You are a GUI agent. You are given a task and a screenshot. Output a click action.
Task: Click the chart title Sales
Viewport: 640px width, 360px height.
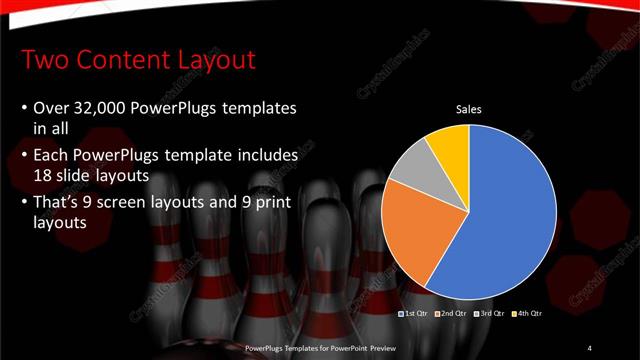coord(469,109)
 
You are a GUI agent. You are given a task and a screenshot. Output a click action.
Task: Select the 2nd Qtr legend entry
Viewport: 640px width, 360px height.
coord(450,314)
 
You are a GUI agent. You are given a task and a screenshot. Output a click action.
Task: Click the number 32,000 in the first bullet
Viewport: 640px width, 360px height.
coord(103,107)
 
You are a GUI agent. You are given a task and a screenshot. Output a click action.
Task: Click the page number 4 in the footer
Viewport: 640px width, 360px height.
coord(590,347)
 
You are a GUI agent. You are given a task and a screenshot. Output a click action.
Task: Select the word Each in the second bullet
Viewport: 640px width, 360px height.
coord(52,156)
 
